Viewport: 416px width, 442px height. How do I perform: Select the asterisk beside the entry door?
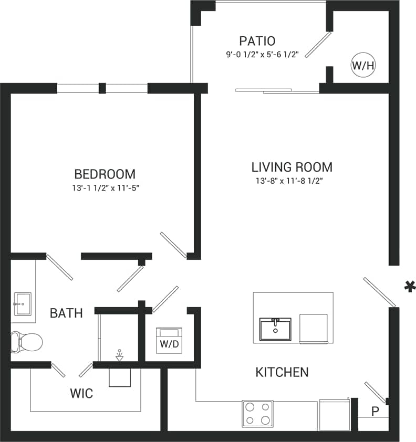[407, 286]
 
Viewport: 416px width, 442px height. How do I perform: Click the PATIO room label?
[257, 41]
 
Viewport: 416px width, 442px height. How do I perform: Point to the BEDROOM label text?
[105, 174]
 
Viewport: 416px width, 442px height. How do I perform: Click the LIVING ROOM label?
[292, 167]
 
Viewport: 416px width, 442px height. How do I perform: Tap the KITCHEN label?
[282, 373]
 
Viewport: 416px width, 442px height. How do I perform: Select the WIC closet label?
[81, 393]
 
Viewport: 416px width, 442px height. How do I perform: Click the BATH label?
[66, 314]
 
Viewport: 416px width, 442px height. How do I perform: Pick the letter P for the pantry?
[375, 412]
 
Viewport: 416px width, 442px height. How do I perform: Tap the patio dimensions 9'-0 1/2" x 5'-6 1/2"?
[257, 54]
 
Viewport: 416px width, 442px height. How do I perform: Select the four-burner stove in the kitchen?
[257, 413]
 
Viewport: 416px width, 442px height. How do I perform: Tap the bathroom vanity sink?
[22, 303]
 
